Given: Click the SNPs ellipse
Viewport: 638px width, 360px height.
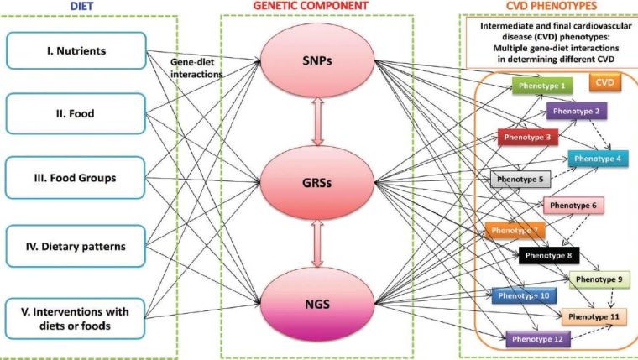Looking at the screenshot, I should click(317, 65).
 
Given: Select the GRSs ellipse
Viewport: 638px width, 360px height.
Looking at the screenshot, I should click(317, 180).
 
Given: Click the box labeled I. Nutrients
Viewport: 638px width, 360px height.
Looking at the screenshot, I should click(75, 51).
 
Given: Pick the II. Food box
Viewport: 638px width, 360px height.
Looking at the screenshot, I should click(75, 113).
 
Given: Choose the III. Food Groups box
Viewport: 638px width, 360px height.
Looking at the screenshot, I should click(75, 178).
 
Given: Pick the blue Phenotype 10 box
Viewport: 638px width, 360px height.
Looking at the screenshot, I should click(521, 295).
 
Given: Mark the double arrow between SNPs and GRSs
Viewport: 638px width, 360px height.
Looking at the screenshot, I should click(317, 122).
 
